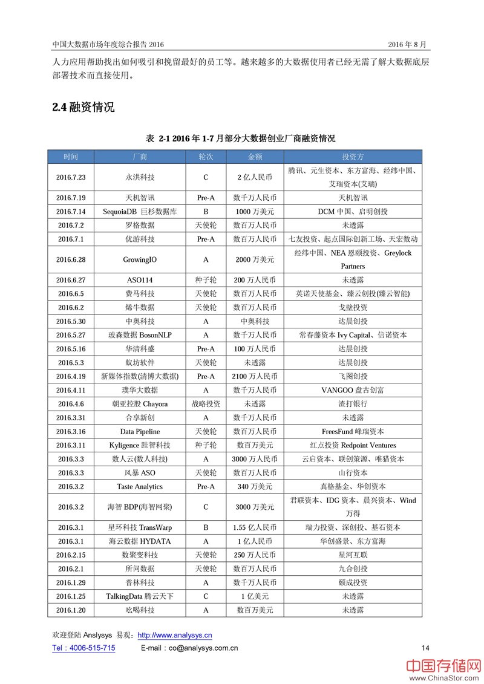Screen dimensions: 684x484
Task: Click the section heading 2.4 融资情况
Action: point(83,108)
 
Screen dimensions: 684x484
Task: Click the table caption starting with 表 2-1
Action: point(240,138)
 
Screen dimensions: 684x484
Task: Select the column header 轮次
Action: point(206,156)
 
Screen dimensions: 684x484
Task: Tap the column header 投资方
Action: point(353,156)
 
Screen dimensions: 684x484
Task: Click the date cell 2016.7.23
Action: point(71,178)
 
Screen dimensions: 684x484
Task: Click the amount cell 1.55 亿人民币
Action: point(255,527)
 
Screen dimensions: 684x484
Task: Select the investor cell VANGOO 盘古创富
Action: point(353,390)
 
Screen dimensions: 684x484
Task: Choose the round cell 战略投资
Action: point(206,403)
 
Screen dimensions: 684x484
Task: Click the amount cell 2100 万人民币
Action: point(255,376)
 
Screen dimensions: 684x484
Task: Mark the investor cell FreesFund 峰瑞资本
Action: point(353,431)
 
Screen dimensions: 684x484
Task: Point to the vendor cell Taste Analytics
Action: point(140,486)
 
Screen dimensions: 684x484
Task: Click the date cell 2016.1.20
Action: point(71,610)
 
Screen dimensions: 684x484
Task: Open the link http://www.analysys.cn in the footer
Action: point(175,635)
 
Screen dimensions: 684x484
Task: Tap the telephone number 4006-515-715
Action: point(91,648)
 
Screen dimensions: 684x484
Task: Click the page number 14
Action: point(425,648)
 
